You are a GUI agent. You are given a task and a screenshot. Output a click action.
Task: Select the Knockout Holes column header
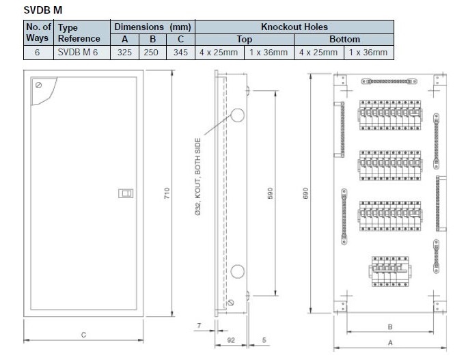294,27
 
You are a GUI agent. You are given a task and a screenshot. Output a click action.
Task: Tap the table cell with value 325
124,52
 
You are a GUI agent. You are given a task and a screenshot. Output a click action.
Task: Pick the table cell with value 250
152,52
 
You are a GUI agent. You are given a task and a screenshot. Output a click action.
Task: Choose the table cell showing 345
180,52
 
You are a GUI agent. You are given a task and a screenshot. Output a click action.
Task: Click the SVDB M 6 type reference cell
79,52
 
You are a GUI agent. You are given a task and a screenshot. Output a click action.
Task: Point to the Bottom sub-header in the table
344,40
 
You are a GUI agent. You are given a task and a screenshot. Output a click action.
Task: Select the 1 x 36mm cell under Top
268,52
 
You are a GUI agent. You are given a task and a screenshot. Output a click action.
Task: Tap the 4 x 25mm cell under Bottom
318,52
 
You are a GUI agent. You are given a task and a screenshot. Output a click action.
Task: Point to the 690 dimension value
316,194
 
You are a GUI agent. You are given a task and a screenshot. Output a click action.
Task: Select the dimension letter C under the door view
83,334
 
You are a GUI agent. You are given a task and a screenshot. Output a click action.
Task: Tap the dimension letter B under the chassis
389,327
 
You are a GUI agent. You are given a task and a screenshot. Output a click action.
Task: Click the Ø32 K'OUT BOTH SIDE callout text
197,179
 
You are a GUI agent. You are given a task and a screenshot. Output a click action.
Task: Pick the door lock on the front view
126,194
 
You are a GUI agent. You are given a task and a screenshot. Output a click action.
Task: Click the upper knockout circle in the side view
236,115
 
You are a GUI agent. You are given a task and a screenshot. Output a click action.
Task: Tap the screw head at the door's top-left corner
38,85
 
